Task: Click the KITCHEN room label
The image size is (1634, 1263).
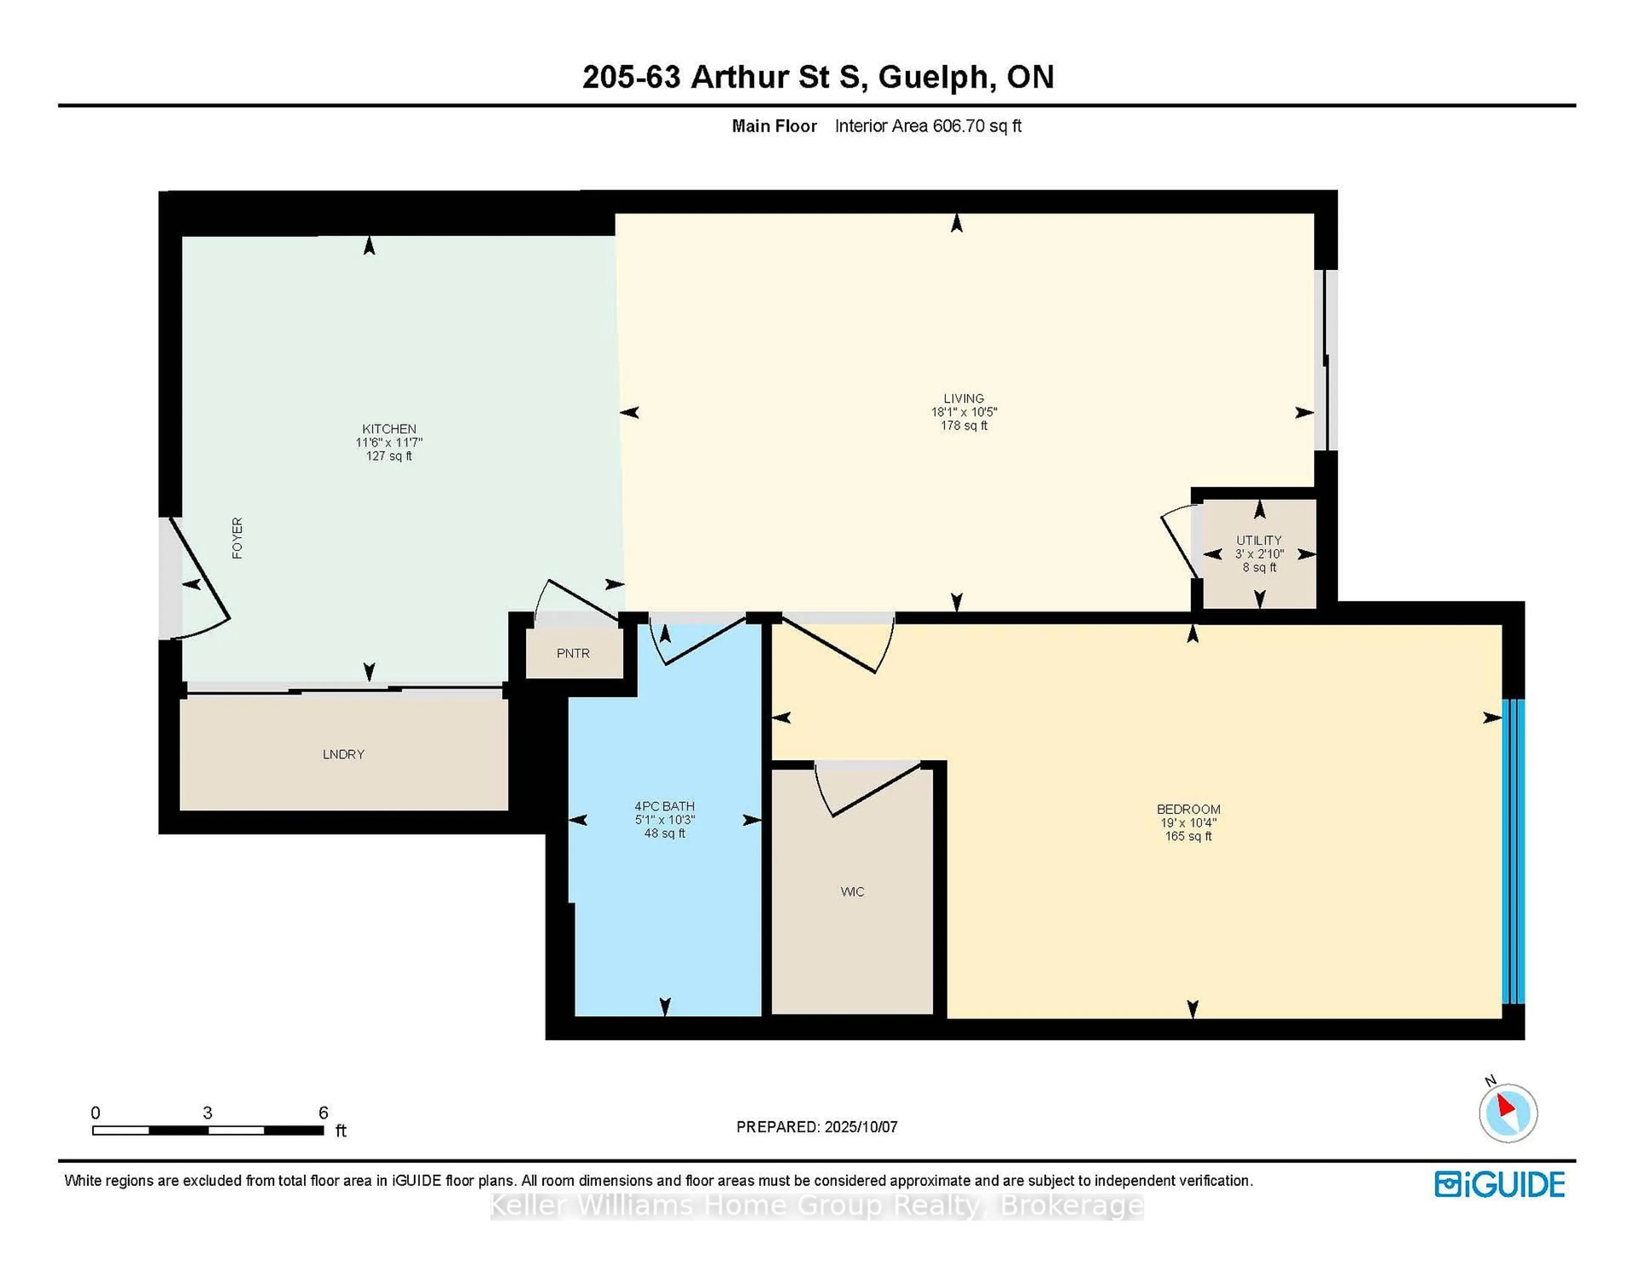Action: point(389,429)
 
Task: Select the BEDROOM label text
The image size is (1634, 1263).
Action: point(1188,809)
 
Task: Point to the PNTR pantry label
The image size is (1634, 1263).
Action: point(573,653)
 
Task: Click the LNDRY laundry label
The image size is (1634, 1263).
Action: point(343,754)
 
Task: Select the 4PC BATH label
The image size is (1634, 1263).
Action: point(664,806)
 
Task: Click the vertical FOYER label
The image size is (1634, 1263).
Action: point(237,538)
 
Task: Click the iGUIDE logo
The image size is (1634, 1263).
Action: point(1500,1184)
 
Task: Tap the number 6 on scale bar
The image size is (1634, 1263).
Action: point(323,1113)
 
